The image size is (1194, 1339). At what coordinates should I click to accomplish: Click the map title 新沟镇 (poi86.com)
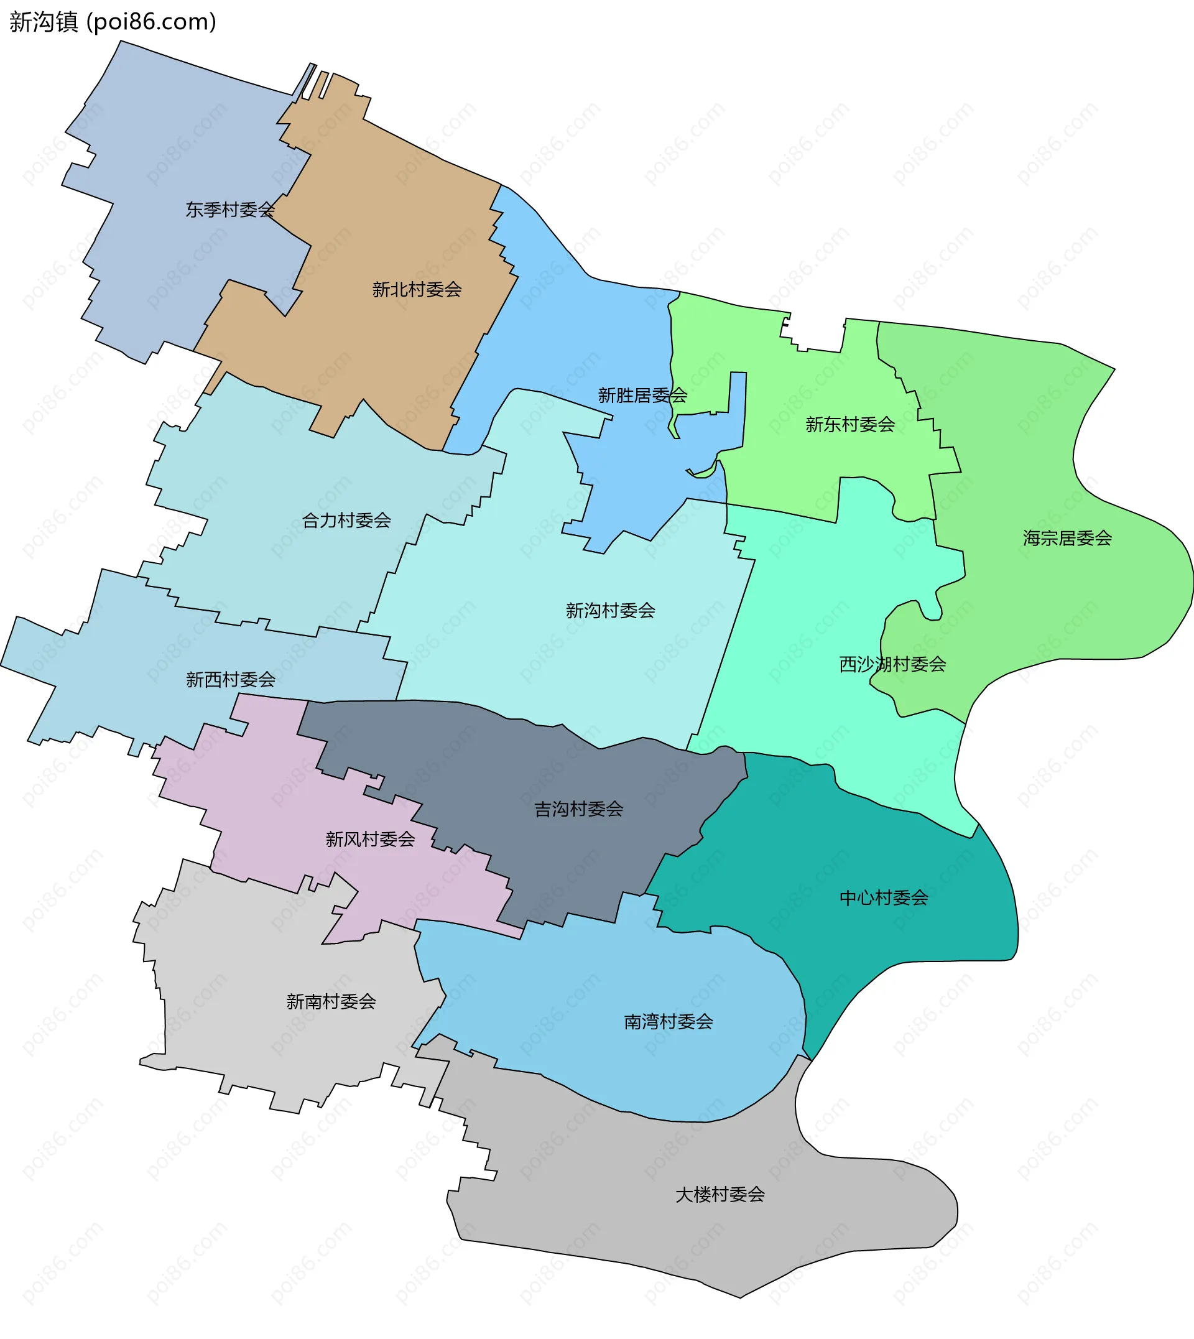112,22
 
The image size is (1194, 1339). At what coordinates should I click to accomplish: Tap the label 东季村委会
229,210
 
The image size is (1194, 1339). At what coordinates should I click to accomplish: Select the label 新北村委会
417,289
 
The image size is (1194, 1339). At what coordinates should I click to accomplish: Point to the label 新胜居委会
642,395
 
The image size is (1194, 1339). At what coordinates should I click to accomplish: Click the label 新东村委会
849,425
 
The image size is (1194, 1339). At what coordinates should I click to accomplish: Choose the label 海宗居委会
1067,538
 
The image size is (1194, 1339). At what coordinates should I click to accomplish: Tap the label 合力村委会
346,521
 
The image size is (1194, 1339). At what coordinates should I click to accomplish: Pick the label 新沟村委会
610,611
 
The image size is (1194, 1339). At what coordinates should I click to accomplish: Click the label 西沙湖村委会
892,665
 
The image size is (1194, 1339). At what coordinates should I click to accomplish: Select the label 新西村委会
230,680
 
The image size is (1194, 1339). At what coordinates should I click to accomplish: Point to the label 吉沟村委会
578,809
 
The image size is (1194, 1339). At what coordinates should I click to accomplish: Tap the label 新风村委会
370,839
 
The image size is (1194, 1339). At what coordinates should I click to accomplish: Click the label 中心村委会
884,897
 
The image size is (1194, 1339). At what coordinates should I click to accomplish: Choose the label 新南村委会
331,1002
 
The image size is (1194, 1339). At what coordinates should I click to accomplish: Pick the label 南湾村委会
668,1021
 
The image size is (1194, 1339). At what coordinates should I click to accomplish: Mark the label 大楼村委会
720,1195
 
